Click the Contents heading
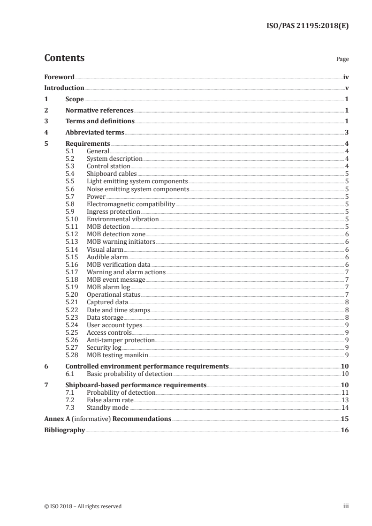tap(64, 58)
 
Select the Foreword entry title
tap(59, 77)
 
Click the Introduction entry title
tap(64, 88)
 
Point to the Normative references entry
tap(99, 111)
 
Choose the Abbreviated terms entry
tap(95, 133)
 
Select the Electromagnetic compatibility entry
tap(130, 204)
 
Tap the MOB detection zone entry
tap(116, 234)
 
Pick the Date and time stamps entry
tap(118, 310)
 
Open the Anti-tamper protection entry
tap(121, 340)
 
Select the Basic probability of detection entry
tap(129, 374)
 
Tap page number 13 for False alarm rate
tap(345, 400)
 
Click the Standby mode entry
tap(108, 408)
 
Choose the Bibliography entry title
tap(64, 430)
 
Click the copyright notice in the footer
tap(83, 506)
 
